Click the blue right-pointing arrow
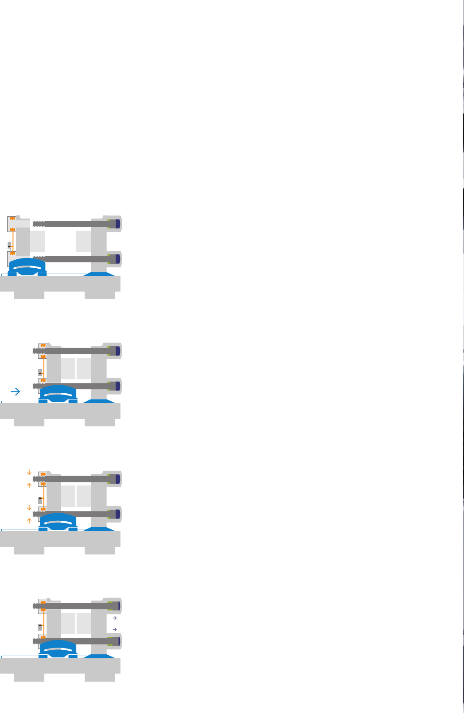point(16,392)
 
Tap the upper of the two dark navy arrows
point(115,618)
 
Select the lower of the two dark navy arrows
point(115,630)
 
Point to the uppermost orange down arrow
point(29,472)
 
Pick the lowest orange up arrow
point(29,521)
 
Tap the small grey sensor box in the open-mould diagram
point(9,245)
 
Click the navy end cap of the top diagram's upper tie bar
point(118,224)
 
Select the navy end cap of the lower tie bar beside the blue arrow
point(118,386)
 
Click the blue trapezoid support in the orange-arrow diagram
point(99,529)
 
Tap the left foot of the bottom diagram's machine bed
point(29,677)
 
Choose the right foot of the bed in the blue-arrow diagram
point(100,422)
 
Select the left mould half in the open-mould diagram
point(38,241)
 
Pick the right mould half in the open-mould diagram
point(83,241)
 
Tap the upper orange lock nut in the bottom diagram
point(43,603)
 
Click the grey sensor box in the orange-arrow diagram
point(40,500)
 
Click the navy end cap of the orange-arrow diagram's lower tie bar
point(118,514)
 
